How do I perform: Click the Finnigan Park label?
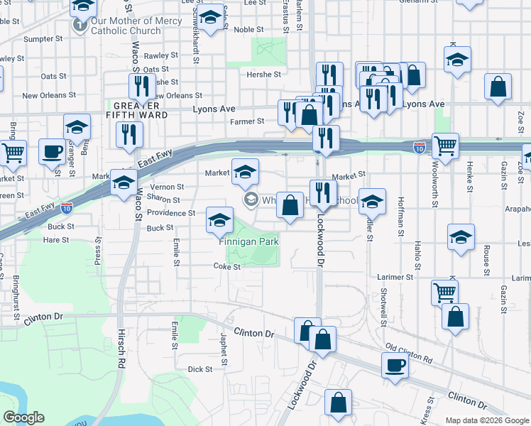click(x=248, y=242)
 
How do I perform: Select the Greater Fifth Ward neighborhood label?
click(x=137, y=109)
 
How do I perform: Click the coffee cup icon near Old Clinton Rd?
click(x=394, y=366)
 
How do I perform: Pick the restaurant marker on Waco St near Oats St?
click(x=143, y=87)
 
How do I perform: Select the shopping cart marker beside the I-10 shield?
click(x=444, y=146)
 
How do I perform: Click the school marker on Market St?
click(x=245, y=172)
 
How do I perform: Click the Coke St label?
click(x=227, y=267)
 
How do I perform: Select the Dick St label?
click(x=199, y=369)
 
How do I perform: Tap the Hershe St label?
click(x=263, y=74)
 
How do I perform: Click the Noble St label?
click(x=248, y=30)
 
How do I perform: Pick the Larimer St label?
click(x=395, y=277)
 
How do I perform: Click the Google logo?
click(x=23, y=417)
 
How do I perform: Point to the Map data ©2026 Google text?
click(x=486, y=420)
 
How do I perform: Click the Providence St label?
click(x=172, y=213)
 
